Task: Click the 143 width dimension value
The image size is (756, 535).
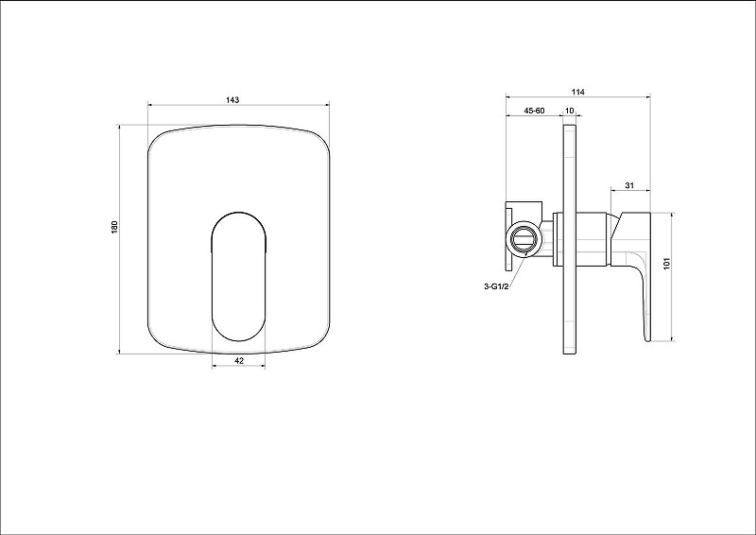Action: [x=232, y=100]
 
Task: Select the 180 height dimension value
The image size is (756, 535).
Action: [x=114, y=227]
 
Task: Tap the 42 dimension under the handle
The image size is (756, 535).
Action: [x=239, y=360]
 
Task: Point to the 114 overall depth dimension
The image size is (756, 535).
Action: [x=578, y=92]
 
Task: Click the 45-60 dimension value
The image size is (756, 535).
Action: [x=534, y=111]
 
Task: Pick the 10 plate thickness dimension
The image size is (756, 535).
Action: [x=570, y=111]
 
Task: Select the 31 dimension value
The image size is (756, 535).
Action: [x=629, y=185]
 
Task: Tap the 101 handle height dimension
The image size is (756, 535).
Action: [x=667, y=264]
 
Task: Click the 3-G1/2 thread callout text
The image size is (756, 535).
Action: [x=496, y=286]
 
